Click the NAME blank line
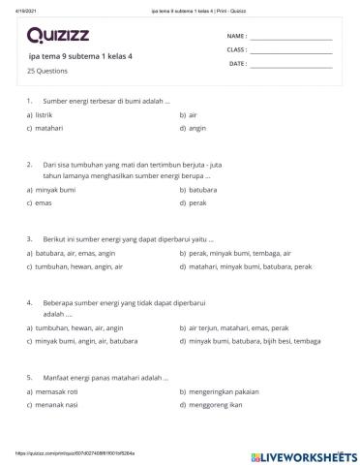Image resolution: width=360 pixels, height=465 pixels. point(290,39)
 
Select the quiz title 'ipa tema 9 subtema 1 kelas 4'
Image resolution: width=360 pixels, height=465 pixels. point(81,56)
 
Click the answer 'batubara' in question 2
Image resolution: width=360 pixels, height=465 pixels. point(203,191)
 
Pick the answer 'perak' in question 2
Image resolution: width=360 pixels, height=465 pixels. point(197,203)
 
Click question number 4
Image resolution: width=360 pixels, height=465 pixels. point(31,303)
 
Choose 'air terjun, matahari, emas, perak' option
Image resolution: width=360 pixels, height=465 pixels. point(237,328)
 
